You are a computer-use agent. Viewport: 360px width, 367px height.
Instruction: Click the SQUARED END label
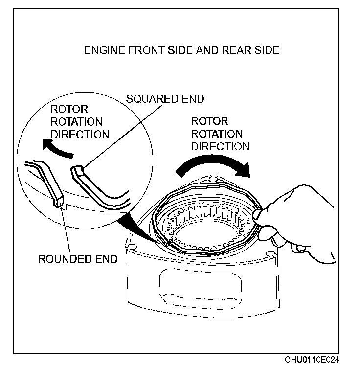click(x=165, y=99)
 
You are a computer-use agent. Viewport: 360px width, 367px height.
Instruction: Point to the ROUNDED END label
click(x=78, y=259)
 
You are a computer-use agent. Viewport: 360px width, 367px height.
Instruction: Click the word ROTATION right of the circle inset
click(x=216, y=133)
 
